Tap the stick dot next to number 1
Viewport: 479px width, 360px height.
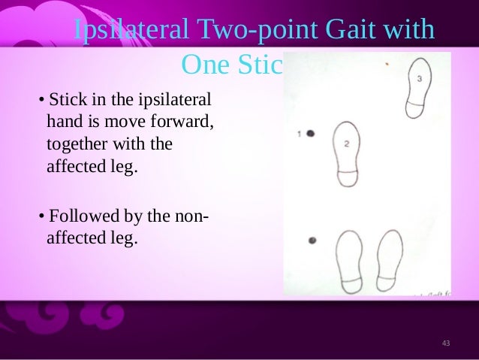(x=309, y=133)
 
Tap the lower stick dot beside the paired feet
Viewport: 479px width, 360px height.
(x=312, y=241)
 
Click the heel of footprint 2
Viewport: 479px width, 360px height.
(x=347, y=177)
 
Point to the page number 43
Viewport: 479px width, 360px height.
(x=446, y=343)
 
